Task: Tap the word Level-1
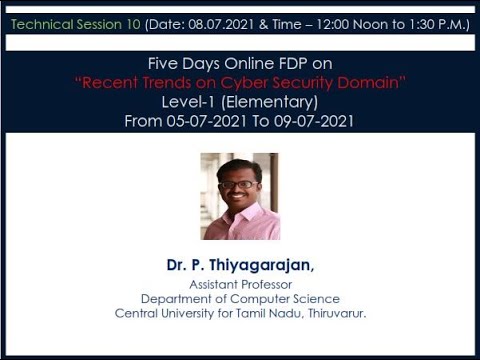coord(187,102)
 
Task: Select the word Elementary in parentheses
coord(269,102)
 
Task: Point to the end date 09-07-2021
coord(311,121)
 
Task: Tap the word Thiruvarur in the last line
coord(330,313)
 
